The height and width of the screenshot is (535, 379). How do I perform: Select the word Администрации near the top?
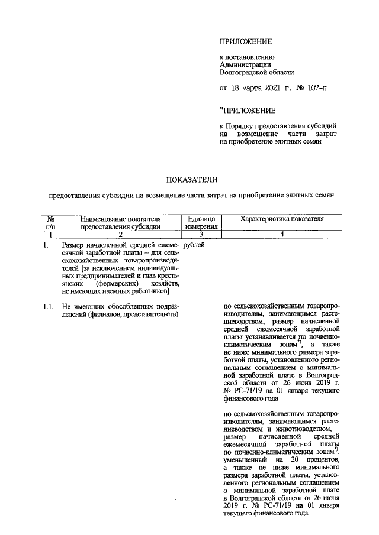[x=245, y=64]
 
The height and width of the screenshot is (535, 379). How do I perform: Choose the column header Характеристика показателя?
[x=282, y=219]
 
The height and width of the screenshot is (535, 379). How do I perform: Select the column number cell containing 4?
[x=282, y=234]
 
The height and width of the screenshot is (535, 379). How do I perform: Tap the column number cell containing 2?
[x=120, y=234]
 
